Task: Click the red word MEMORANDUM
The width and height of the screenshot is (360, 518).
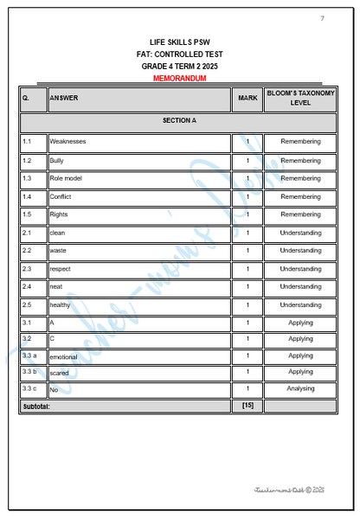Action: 179,78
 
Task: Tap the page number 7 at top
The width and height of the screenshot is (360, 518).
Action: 323,18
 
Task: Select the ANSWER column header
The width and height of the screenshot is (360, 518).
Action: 64,98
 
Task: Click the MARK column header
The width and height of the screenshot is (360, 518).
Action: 247,98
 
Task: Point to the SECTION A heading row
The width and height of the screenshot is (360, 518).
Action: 179,120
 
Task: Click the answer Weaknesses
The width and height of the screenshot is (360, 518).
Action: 67,142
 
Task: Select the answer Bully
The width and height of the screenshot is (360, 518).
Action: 57,160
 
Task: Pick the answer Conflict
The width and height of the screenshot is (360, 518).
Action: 61,196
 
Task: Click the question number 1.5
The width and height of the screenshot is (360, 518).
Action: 28,214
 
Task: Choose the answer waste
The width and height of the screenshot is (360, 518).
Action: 58,251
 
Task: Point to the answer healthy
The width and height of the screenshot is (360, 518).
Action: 61,305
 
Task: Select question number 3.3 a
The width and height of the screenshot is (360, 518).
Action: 29,355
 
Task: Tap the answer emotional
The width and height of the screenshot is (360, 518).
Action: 63,357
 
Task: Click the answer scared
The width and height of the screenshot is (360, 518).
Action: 60,374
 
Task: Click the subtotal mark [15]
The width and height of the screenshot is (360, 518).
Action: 247,405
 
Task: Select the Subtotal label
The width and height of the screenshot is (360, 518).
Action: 37,406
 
